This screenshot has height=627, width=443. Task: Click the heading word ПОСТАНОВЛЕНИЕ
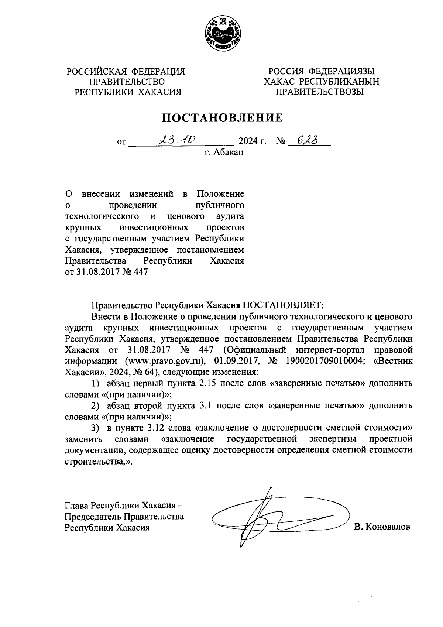[223, 118]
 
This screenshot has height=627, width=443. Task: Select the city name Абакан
[229, 153]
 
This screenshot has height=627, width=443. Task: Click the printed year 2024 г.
[253, 141]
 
